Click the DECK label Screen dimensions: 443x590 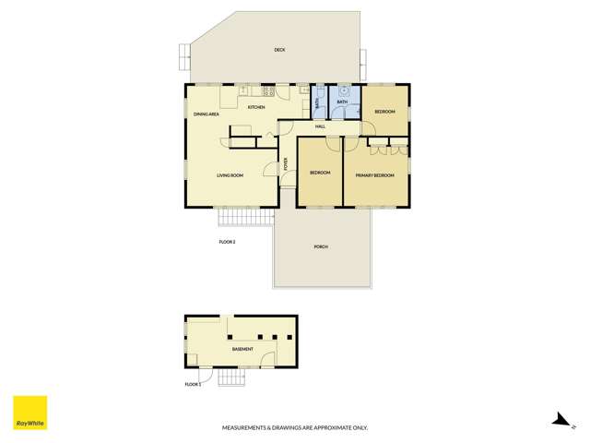[279, 50]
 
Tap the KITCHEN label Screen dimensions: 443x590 [256, 107]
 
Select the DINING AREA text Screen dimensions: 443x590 [206, 114]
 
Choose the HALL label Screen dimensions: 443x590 [320, 126]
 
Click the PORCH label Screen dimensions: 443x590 [321, 246]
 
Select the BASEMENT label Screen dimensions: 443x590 [242, 350]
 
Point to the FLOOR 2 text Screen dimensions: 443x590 [227, 242]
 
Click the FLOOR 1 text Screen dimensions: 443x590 [193, 383]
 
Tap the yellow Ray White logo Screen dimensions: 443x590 [29, 413]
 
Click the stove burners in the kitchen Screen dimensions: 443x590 [269, 91]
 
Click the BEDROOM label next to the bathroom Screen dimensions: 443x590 [384, 112]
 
